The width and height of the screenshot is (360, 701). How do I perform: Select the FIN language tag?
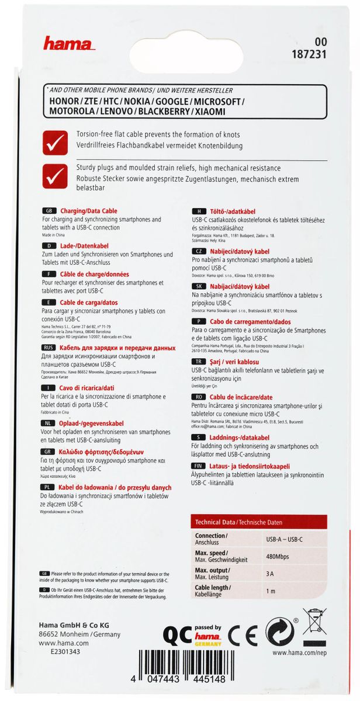pos(199,466)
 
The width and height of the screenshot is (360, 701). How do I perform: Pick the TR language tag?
pos(199,362)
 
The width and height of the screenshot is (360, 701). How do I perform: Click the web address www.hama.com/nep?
pos(299,653)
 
